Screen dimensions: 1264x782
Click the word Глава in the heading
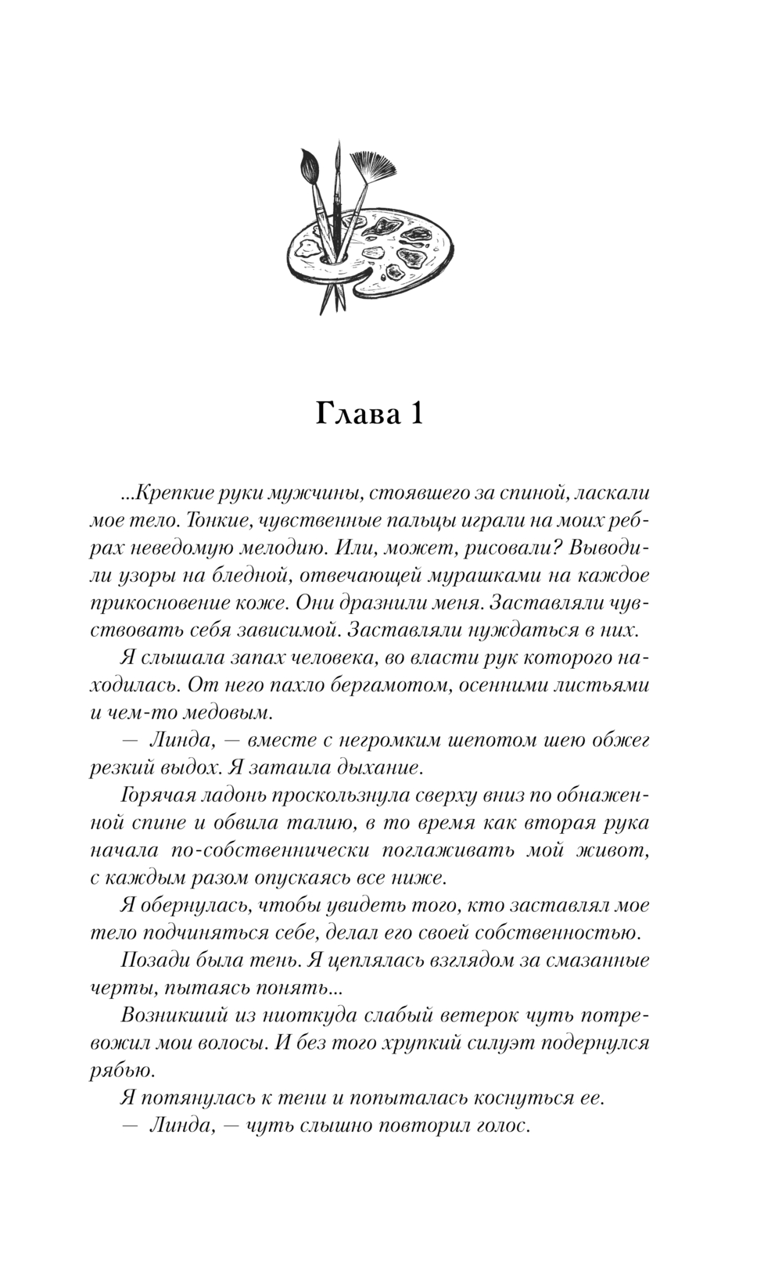[x=353, y=414]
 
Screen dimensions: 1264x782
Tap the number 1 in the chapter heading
[x=414, y=414]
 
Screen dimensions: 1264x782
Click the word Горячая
[x=157, y=795]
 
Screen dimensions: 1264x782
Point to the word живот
[x=622, y=850]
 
